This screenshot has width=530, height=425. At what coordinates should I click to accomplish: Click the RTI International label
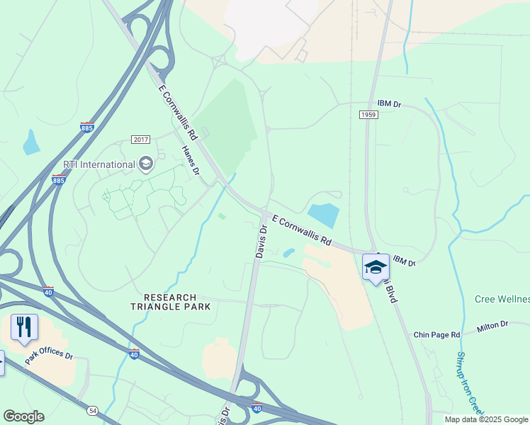[99, 164]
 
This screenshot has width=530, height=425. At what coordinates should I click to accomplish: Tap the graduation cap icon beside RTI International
[146, 164]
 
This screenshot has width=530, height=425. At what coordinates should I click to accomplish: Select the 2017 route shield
[140, 140]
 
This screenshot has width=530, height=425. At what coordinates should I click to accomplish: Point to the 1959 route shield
[368, 115]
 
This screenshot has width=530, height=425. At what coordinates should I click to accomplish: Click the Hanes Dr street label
[190, 160]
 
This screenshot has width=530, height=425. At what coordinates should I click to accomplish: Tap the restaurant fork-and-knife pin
[24, 327]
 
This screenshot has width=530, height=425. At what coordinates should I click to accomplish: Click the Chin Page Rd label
[436, 334]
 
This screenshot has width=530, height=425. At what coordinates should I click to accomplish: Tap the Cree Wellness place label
[502, 300]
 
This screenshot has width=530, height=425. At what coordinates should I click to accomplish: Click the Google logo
[23, 416]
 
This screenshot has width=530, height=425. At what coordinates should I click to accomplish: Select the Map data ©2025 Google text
[485, 419]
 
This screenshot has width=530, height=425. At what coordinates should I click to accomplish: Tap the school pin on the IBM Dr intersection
[376, 268]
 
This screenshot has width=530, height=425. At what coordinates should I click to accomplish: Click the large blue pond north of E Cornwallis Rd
[324, 214]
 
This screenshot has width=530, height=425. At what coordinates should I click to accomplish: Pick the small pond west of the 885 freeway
[31, 143]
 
